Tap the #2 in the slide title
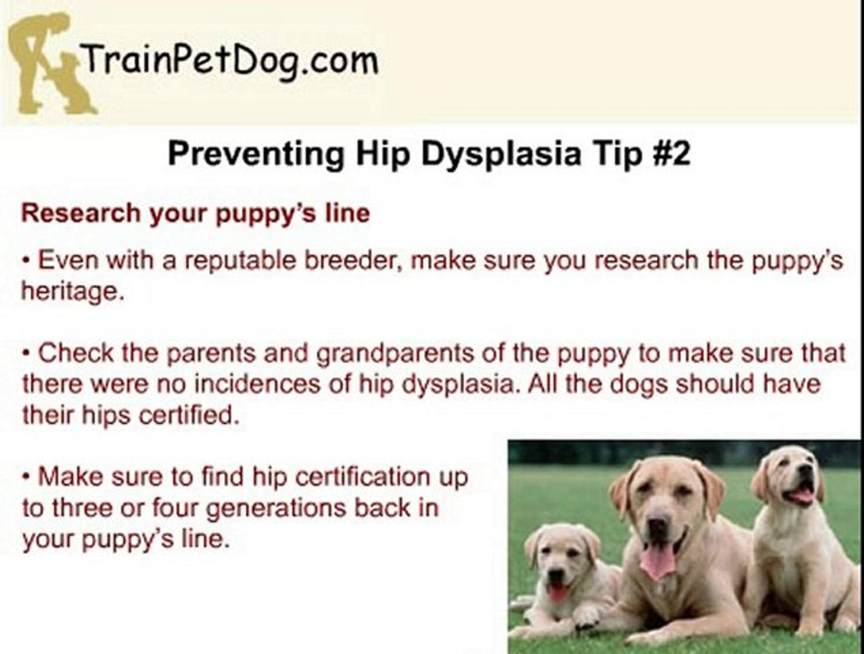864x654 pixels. point(671,153)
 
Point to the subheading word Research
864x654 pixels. point(80,213)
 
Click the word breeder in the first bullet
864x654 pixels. point(353,260)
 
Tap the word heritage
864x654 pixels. point(73,292)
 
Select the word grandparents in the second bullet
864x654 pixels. point(395,354)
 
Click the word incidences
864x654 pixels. point(257,384)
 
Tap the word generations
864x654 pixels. point(275,509)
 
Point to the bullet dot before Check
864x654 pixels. point(27,354)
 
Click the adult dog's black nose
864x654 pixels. point(658,526)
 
